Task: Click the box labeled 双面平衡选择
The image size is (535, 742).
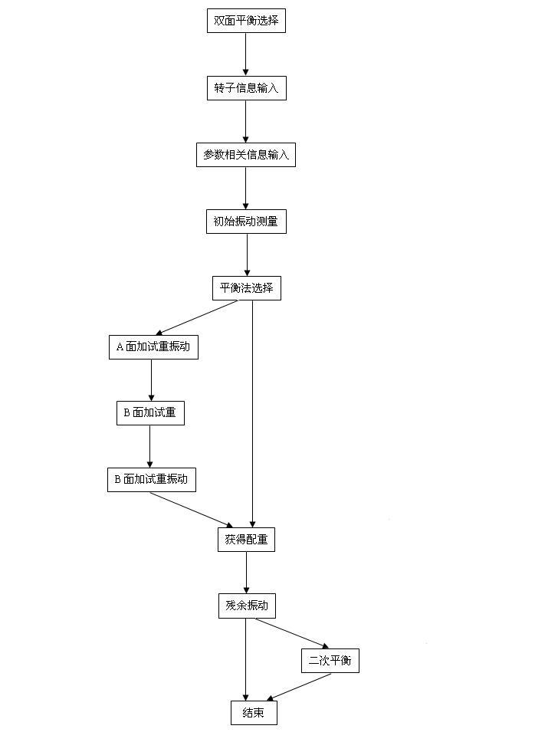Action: [246, 21]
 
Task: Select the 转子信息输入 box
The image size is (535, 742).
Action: [246, 88]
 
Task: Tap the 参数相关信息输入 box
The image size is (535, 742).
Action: [246, 155]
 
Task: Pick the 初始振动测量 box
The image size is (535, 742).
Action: [246, 222]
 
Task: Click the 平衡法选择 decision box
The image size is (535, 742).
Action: [246, 289]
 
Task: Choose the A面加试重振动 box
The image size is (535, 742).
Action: [153, 347]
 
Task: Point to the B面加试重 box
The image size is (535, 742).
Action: [150, 413]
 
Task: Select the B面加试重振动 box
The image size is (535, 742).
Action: [151, 480]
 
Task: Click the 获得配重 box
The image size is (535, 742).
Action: [246, 540]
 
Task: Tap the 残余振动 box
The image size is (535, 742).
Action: [246, 606]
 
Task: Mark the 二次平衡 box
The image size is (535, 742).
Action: [330, 660]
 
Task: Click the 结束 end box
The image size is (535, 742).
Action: [254, 713]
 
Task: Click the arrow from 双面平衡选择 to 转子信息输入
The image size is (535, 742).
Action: [246, 54]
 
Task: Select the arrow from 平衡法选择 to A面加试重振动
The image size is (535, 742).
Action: [198, 318]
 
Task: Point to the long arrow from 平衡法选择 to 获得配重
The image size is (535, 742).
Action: [252, 414]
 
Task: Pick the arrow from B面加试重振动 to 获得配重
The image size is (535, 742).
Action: [192, 510]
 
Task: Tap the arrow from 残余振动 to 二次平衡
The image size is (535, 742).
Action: [291, 633]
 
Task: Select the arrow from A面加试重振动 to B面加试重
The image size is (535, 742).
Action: [151, 380]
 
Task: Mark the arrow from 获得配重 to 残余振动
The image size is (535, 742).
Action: [246, 573]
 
